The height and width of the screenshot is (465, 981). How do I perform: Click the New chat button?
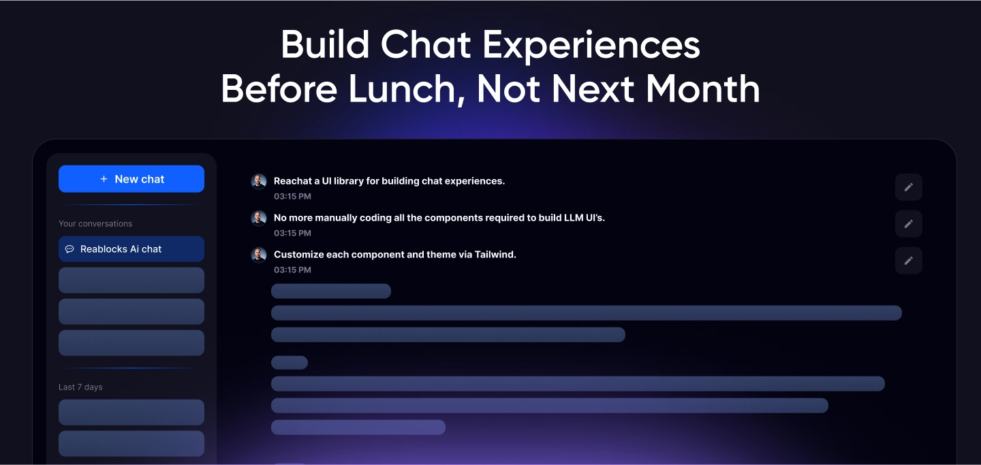pos(131,178)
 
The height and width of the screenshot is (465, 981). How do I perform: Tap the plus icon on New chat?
pos(104,178)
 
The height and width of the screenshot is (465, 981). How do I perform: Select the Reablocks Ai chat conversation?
pos(131,249)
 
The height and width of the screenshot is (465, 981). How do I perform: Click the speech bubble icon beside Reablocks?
pos(69,249)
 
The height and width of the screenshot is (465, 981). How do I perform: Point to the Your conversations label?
pos(95,224)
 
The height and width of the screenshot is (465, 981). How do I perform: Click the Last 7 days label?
pos(80,387)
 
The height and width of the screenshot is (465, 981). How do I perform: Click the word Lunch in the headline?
pos(402,89)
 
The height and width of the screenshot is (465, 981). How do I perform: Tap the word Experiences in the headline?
pos(591,46)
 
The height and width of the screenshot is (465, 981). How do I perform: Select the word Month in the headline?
pos(702,89)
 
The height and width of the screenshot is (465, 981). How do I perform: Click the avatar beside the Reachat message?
pos(258,181)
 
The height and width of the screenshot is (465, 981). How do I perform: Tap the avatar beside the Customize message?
pos(258,255)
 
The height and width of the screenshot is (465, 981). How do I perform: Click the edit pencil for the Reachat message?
pos(909,187)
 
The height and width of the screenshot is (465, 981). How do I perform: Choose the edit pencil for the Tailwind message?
pos(909,261)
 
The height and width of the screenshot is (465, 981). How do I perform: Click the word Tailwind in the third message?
pos(495,255)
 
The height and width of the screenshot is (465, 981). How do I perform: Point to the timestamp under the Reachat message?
pos(292,197)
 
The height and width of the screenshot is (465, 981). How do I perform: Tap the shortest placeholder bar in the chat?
pos(290,363)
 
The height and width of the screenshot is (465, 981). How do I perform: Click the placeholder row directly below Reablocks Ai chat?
pos(131,280)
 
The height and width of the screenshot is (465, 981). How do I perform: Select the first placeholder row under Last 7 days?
pos(131,412)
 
